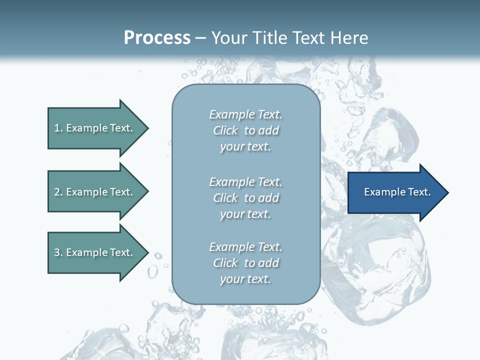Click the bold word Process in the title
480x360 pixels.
point(157,38)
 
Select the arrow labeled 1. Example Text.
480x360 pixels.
point(93,128)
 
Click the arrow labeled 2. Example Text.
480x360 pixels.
point(93,192)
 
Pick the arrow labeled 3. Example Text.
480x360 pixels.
point(93,252)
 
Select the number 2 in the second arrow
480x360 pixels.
point(57,192)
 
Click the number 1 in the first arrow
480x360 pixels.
point(57,128)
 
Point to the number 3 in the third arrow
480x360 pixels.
point(57,252)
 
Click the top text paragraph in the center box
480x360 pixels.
point(245,130)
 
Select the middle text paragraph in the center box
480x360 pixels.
point(245,198)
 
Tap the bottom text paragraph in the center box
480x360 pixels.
point(245,263)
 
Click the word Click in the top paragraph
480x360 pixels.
point(225,130)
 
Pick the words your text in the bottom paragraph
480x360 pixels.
point(245,279)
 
